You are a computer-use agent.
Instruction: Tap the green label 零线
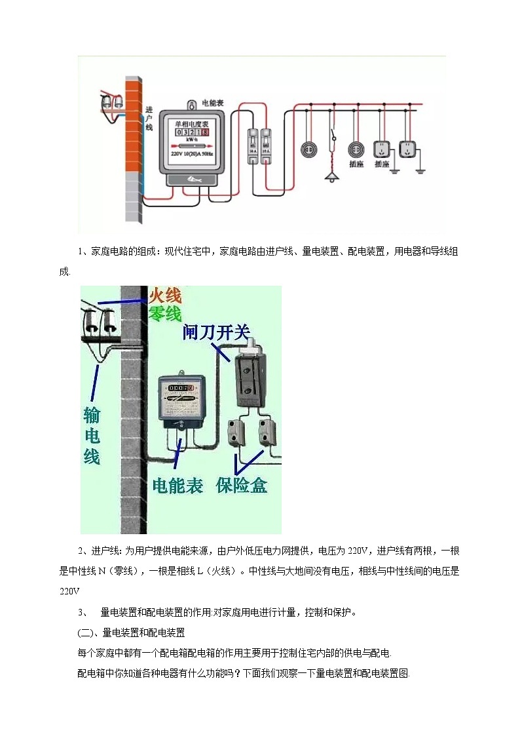pyautogui.click(x=164, y=315)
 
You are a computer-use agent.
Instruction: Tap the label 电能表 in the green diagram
pyautogui.click(x=177, y=486)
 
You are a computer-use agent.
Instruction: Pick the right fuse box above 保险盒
pyautogui.click(x=267, y=432)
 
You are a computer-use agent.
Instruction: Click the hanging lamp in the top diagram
pyautogui.click(x=333, y=176)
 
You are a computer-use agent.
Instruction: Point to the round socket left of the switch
pyautogui.click(x=306, y=149)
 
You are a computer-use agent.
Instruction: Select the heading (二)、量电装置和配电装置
pyautogui.click(x=131, y=633)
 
